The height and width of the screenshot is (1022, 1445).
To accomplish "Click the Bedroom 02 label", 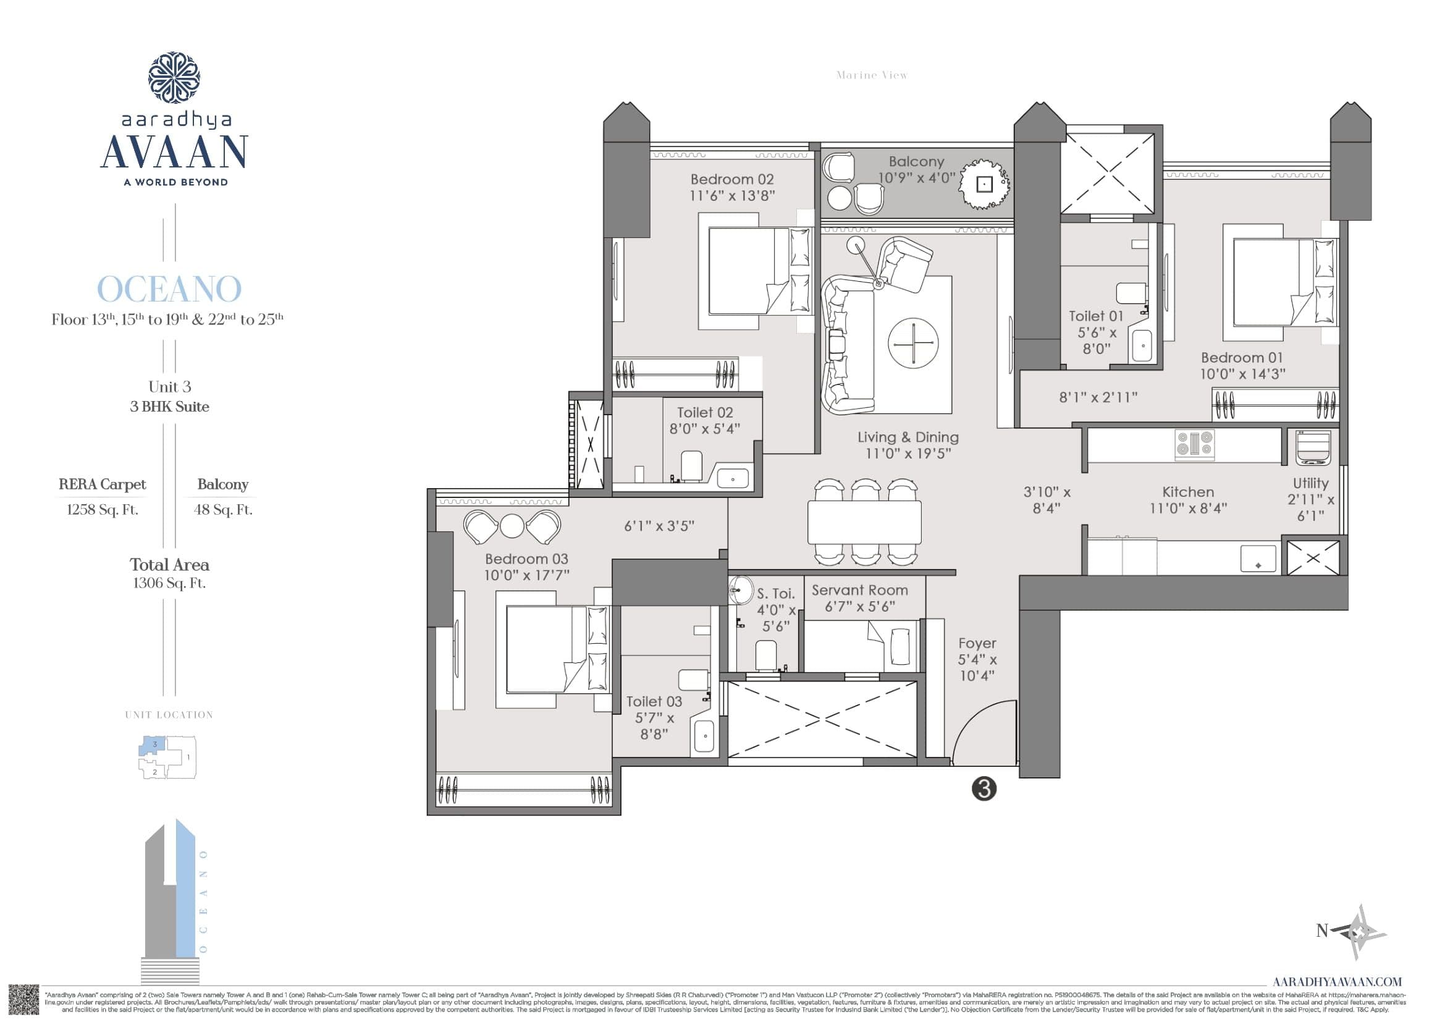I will tap(732, 179).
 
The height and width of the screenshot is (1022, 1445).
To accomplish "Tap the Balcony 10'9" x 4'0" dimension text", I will tap(916, 178).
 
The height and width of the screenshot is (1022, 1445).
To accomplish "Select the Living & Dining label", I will tap(908, 437).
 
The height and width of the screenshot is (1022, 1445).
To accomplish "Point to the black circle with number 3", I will tap(984, 788).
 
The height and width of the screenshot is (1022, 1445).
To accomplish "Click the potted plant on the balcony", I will tap(984, 184).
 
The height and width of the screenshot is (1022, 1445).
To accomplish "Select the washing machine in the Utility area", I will tap(1313, 448).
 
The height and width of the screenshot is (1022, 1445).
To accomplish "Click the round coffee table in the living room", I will tap(912, 344).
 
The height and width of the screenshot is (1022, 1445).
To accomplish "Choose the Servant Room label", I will tap(860, 590).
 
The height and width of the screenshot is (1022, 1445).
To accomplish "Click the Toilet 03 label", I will tap(654, 701).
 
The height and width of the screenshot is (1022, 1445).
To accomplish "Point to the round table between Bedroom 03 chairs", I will tap(512, 526).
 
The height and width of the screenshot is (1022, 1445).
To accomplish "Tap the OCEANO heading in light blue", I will tap(169, 289).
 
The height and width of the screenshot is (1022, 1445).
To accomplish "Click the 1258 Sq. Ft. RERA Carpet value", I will tap(103, 510).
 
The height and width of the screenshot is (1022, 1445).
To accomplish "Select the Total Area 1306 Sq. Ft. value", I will tap(169, 583).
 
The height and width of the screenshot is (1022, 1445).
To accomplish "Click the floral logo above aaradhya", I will tap(174, 78).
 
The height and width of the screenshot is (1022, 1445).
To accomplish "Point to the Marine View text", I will tap(872, 75).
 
